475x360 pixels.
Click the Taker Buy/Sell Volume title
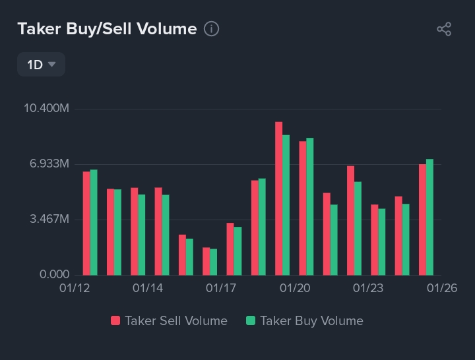click(107, 29)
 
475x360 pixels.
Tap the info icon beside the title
click(211, 29)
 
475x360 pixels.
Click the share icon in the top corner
click(444, 29)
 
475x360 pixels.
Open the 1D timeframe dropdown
click(41, 65)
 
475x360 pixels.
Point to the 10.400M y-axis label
click(46, 108)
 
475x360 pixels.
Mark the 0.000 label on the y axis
click(54, 274)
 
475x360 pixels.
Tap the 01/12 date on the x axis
click(74, 289)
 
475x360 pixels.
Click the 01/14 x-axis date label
click(148, 289)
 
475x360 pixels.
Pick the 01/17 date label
click(221, 289)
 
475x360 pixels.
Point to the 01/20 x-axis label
click(295, 289)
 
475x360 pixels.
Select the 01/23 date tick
click(368, 289)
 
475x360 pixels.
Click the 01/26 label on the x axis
click(441, 289)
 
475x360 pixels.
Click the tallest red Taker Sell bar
click(279, 198)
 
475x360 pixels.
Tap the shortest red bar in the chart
click(206, 261)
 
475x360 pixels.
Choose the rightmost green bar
click(429, 217)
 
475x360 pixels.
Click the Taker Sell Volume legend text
click(176, 321)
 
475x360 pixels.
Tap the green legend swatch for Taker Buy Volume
click(250, 321)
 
